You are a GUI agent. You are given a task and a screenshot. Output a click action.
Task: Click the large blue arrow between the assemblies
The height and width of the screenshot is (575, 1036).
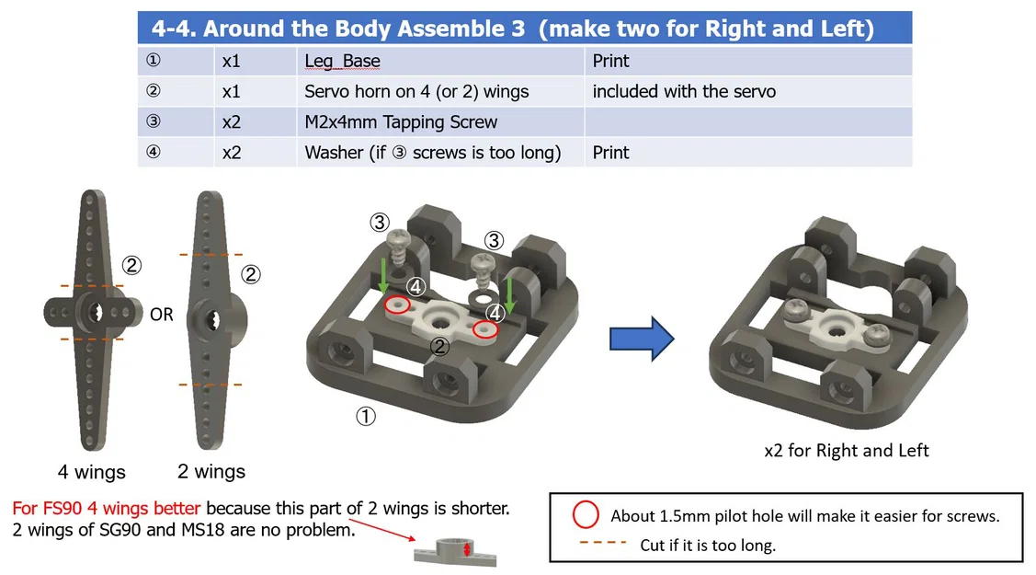click(x=641, y=339)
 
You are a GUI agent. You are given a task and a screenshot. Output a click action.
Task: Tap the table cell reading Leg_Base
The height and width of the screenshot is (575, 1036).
click(x=342, y=62)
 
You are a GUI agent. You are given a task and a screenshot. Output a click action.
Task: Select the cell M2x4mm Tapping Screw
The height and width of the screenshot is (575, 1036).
click(x=401, y=122)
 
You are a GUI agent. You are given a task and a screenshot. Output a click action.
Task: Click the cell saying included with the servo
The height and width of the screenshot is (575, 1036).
click(x=684, y=92)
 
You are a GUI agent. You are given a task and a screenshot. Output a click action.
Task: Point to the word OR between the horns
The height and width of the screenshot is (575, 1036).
click(x=161, y=315)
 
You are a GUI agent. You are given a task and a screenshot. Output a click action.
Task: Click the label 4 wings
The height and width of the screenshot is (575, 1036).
click(x=91, y=473)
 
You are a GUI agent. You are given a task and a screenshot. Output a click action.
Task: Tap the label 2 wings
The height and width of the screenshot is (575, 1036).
click(x=211, y=472)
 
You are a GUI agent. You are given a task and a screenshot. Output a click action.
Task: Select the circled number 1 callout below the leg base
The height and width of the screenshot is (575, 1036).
click(x=366, y=417)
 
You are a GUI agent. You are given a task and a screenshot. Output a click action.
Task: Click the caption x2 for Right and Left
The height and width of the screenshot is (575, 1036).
click(x=847, y=451)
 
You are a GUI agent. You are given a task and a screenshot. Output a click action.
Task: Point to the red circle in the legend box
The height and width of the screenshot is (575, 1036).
click(x=586, y=514)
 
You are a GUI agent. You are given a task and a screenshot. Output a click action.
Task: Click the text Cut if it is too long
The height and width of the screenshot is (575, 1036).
click(x=708, y=545)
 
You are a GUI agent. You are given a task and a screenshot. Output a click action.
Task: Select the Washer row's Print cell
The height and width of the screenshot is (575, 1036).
click(x=610, y=153)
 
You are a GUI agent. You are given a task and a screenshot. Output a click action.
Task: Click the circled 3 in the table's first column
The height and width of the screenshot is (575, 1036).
click(x=153, y=122)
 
